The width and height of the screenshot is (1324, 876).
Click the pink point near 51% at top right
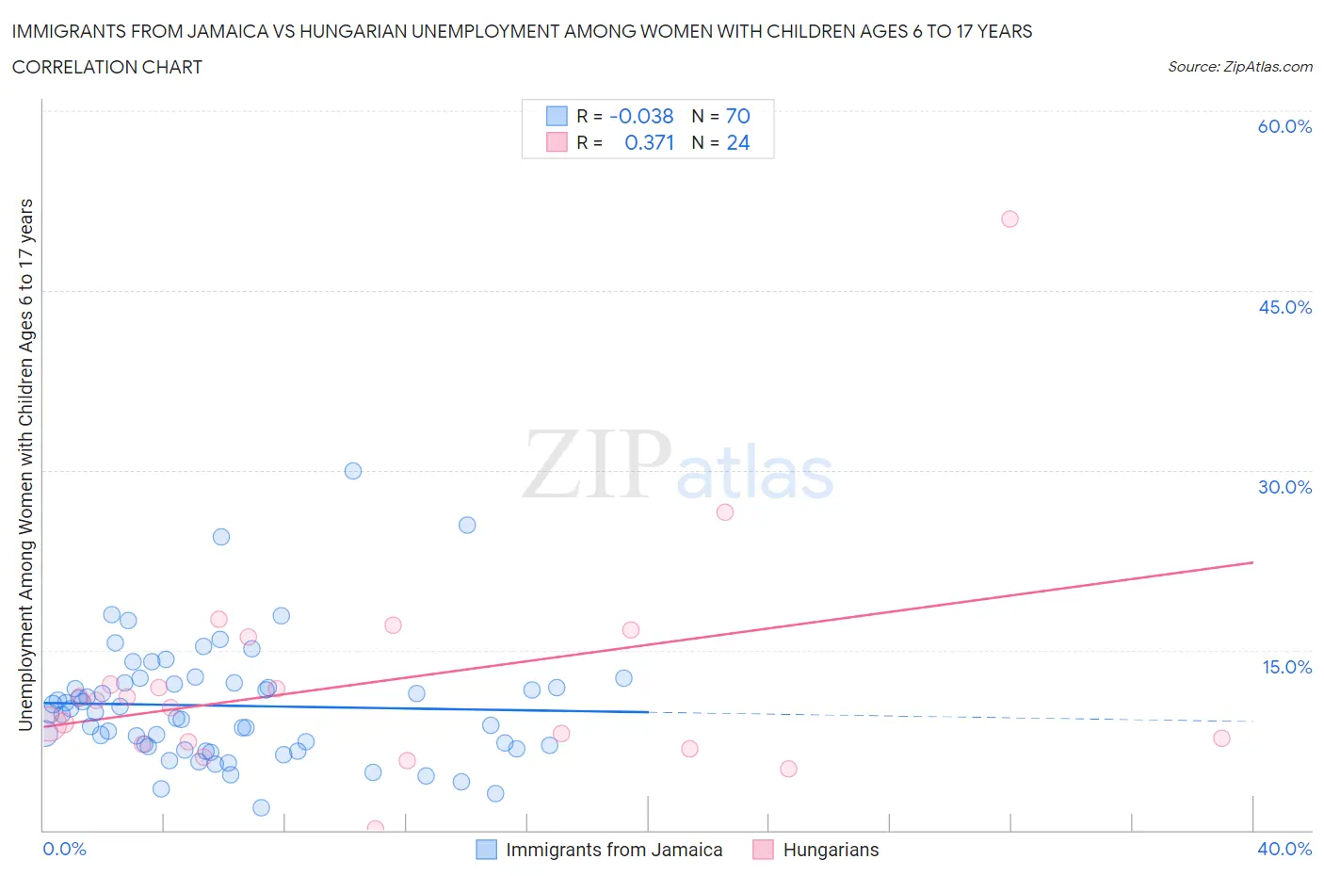click(x=1009, y=219)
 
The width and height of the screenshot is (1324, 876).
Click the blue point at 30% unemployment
click(x=353, y=471)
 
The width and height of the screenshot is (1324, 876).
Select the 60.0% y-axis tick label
click(x=1284, y=126)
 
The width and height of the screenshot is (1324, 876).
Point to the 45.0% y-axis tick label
click(x=1284, y=307)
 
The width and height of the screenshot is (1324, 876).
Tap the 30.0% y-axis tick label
click(x=1284, y=487)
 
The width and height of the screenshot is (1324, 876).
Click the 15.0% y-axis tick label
click(x=1286, y=667)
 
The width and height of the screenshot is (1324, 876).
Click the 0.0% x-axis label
click(x=65, y=849)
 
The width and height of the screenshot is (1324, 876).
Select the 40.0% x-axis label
click(x=1284, y=849)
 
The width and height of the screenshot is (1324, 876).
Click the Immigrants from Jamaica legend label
click(x=614, y=850)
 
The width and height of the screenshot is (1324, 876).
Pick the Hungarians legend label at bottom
click(x=831, y=850)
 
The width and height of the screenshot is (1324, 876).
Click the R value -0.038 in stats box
click(x=641, y=116)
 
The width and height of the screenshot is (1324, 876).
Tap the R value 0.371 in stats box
click(x=649, y=142)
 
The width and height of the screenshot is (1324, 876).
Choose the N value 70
click(x=737, y=116)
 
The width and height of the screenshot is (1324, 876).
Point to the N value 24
click(x=737, y=142)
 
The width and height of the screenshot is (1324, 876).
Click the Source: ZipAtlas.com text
click(x=1239, y=66)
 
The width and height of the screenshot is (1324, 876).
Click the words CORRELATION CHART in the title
click(x=106, y=67)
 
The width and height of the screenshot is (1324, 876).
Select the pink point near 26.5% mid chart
click(x=724, y=512)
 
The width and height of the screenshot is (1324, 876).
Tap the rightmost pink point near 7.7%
click(x=1221, y=738)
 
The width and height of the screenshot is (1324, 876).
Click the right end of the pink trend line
click(x=1252, y=562)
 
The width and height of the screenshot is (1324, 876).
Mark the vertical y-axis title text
click(x=26, y=463)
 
